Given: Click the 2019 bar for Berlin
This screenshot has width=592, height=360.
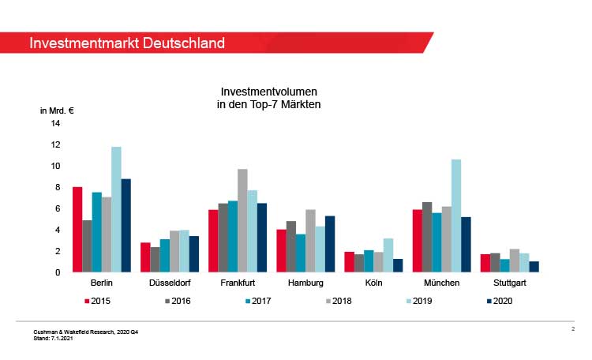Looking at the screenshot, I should click(x=116, y=209).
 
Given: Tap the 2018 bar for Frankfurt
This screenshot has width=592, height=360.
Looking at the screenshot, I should click(x=242, y=220).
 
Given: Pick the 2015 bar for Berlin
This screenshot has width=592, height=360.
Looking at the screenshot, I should click(x=77, y=229).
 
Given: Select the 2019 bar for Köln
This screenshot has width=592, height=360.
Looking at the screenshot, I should click(x=388, y=255).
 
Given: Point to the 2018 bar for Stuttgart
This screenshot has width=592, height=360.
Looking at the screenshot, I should click(x=515, y=261).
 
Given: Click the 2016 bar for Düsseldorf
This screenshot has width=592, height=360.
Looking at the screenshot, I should click(x=155, y=260).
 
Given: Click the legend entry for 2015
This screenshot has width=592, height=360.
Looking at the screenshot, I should click(x=97, y=301).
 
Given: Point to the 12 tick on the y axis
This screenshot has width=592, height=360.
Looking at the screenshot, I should click(x=55, y=144).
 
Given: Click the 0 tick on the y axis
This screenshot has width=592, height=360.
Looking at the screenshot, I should click(x=58, y=272).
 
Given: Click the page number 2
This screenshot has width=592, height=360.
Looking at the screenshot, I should click(x=572, y=328).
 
